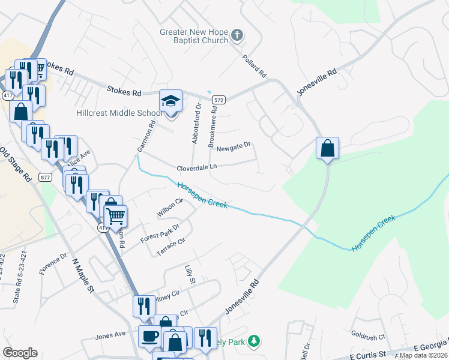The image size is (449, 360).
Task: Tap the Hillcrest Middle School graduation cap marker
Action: pos(170,101)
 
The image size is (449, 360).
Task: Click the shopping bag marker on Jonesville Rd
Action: pos(327,148)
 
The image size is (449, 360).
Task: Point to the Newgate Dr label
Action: pos(234,146)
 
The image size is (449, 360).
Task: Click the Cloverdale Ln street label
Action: pos(196,168)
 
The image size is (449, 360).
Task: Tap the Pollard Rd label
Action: pos(254,67)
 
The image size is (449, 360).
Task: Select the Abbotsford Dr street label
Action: pos(195,123)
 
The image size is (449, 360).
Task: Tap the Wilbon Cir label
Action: pos(169,207)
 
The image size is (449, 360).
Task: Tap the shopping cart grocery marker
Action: pos(115,215)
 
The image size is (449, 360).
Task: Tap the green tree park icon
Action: pos(254,341)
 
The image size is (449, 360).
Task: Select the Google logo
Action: pos(20,353)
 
